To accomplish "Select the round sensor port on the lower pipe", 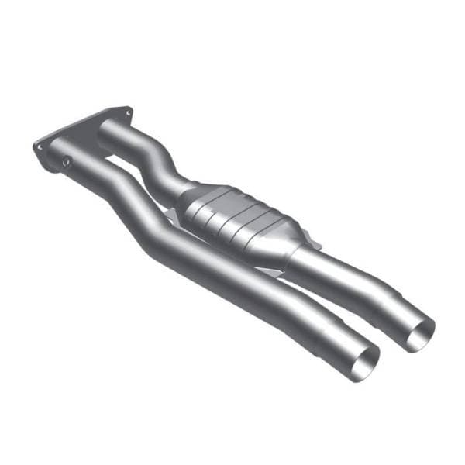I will coord(67,161).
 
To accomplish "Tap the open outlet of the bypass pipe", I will coord(364,364).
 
